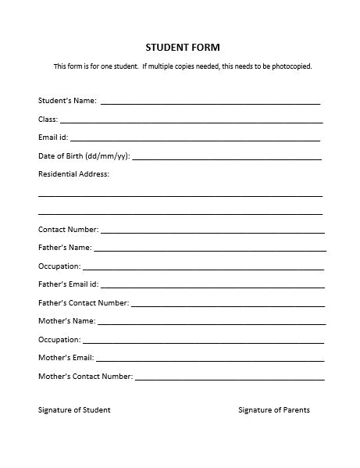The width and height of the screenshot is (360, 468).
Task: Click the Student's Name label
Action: pos(67,101)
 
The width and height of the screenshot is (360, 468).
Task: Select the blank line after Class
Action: pos(191,121)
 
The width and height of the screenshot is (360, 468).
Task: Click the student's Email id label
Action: pos(54,138)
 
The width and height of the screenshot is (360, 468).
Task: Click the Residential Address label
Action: pos(73,174)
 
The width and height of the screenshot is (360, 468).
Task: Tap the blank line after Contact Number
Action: pos(212,231)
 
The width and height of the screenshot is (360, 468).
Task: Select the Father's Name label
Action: pos(65,248)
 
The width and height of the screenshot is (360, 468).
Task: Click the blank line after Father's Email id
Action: pos(212,286)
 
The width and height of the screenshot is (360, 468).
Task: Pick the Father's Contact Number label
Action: pos(83,302)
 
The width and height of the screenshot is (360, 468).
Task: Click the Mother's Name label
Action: pos(66,321)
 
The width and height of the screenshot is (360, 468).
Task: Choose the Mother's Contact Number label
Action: pos(85,376)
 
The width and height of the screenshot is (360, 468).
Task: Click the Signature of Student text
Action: pos(74,410)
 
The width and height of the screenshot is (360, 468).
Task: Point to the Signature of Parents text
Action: pos(273,410)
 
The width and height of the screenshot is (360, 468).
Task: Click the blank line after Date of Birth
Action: pos(226,158)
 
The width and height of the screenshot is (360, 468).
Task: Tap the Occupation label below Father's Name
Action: pos(59,266)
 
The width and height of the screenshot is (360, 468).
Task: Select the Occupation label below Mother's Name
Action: pos(59,340)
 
